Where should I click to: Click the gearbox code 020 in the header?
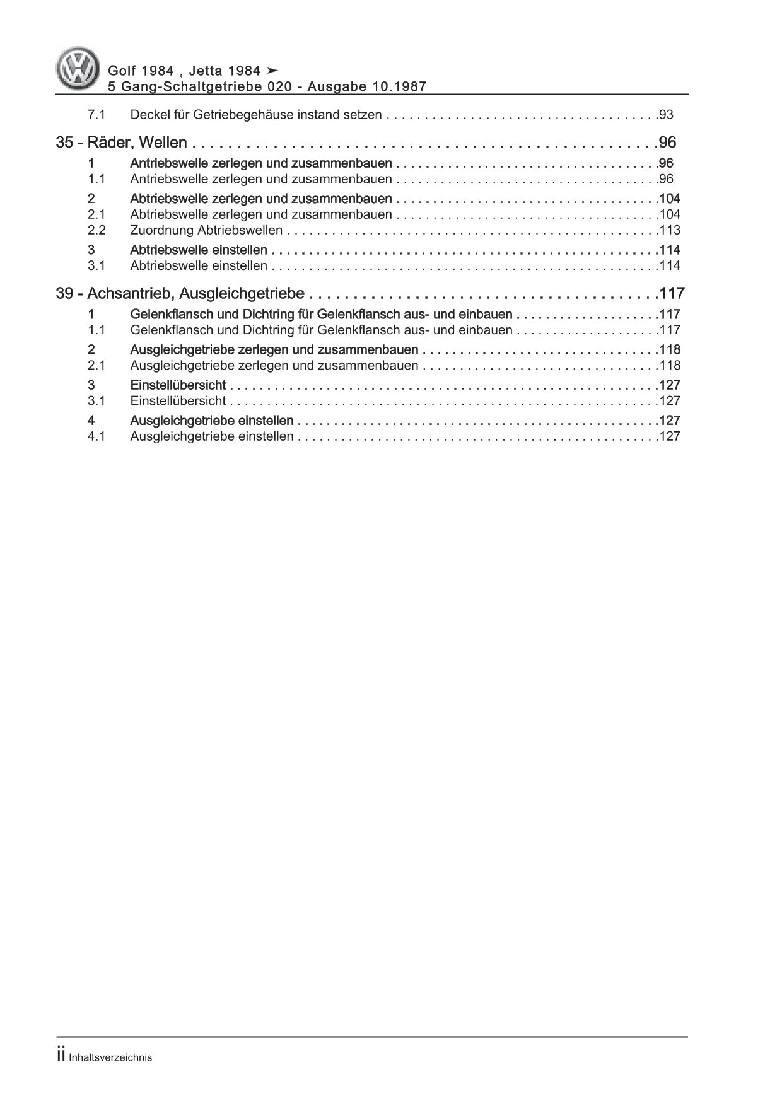coord(280,86)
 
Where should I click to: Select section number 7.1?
coord(96,115)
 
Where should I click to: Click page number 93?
coord(666,115)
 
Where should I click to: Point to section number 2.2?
coord(96,230)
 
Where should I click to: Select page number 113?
coord(669,230)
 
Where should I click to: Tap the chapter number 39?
coord(64,294)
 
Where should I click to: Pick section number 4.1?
coord(96,436)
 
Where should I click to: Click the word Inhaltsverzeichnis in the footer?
coord(110,1057)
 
